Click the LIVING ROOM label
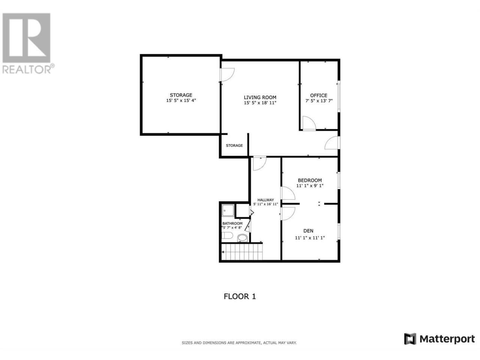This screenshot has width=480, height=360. tap(260, 97)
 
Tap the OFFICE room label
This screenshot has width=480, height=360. tap(319, 96)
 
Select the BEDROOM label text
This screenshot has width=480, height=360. tap(310, 180)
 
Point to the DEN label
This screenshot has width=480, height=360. tap(308, 231)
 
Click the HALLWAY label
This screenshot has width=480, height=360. tap(265, 200)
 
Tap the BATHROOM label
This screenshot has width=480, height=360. tap(232, 223)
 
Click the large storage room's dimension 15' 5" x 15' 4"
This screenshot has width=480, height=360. tap(181, 100)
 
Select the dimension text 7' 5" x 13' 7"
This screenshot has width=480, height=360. tap(319, 101)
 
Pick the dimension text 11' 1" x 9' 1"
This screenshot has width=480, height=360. tap(310, 186)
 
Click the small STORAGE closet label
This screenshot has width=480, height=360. tap(234, 145)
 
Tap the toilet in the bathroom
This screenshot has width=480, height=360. tap(227, 235)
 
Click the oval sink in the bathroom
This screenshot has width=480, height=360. tap(242, 238)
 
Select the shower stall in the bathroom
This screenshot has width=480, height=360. tap(228, 210)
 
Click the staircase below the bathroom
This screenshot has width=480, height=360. tap(242, 252)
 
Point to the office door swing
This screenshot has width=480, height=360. tap(309, 123)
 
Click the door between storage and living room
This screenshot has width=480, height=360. tap(228, 75)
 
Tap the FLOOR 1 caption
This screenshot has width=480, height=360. tap(240, 296)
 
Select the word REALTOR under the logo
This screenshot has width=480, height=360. tap(27, 69)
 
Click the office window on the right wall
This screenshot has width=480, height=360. tap(339, 97)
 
